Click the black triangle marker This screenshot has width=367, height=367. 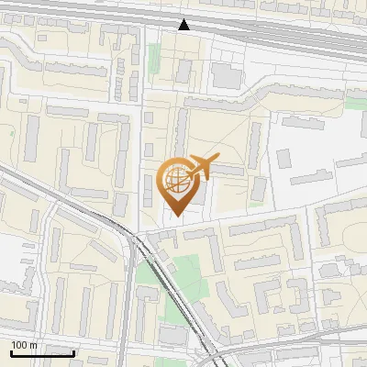(184, 25)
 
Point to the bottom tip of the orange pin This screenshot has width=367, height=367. (176, 217)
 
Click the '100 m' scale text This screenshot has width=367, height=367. (25, 345)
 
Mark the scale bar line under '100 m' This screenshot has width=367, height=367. (42, 353)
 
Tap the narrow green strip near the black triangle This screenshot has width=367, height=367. (154, 61)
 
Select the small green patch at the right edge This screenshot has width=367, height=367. (355, 103)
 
